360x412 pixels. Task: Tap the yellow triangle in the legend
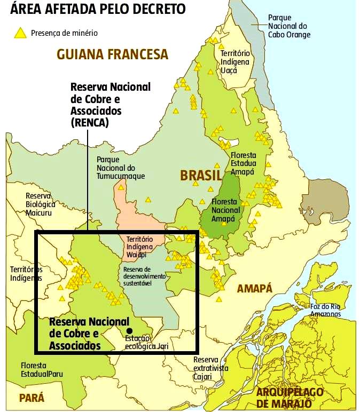(20, 33)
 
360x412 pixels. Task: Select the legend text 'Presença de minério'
(64, 33)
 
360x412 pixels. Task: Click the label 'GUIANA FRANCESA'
(112, 54)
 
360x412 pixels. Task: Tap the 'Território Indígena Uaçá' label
(234, 62)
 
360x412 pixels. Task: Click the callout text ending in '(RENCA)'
(111, 105)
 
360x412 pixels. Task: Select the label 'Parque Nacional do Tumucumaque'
(121, 168)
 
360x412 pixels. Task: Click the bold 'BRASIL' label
(201, 175)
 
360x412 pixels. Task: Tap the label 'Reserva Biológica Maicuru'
(41, 203)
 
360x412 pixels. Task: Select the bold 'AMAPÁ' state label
(255, 289)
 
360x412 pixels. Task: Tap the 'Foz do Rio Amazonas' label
(325, 310)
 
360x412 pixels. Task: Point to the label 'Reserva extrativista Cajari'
(210, 368)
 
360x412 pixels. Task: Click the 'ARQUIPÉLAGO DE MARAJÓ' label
(289, 397)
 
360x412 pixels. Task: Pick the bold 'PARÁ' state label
(32, 398)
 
